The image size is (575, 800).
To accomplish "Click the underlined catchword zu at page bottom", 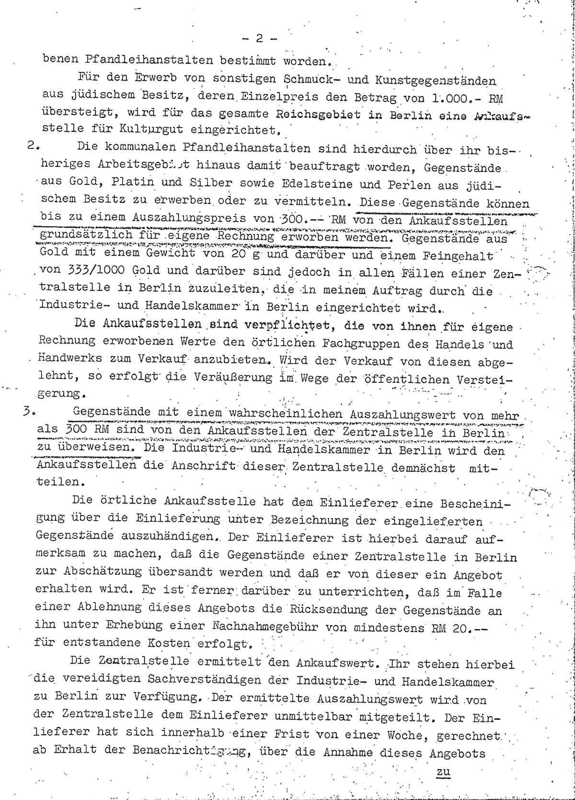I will click(x=439, y=772).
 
